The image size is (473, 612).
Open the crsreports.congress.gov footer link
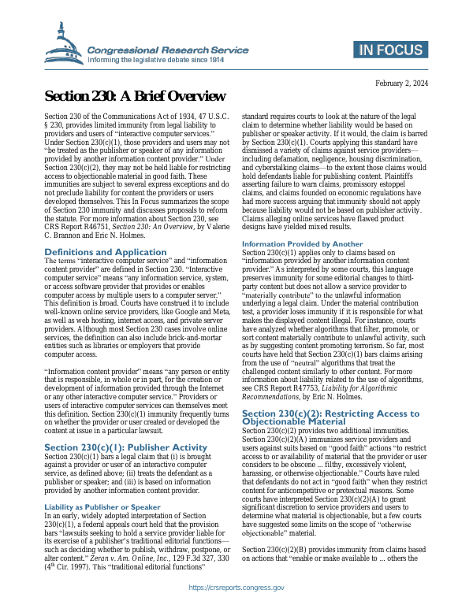[236, 588]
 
